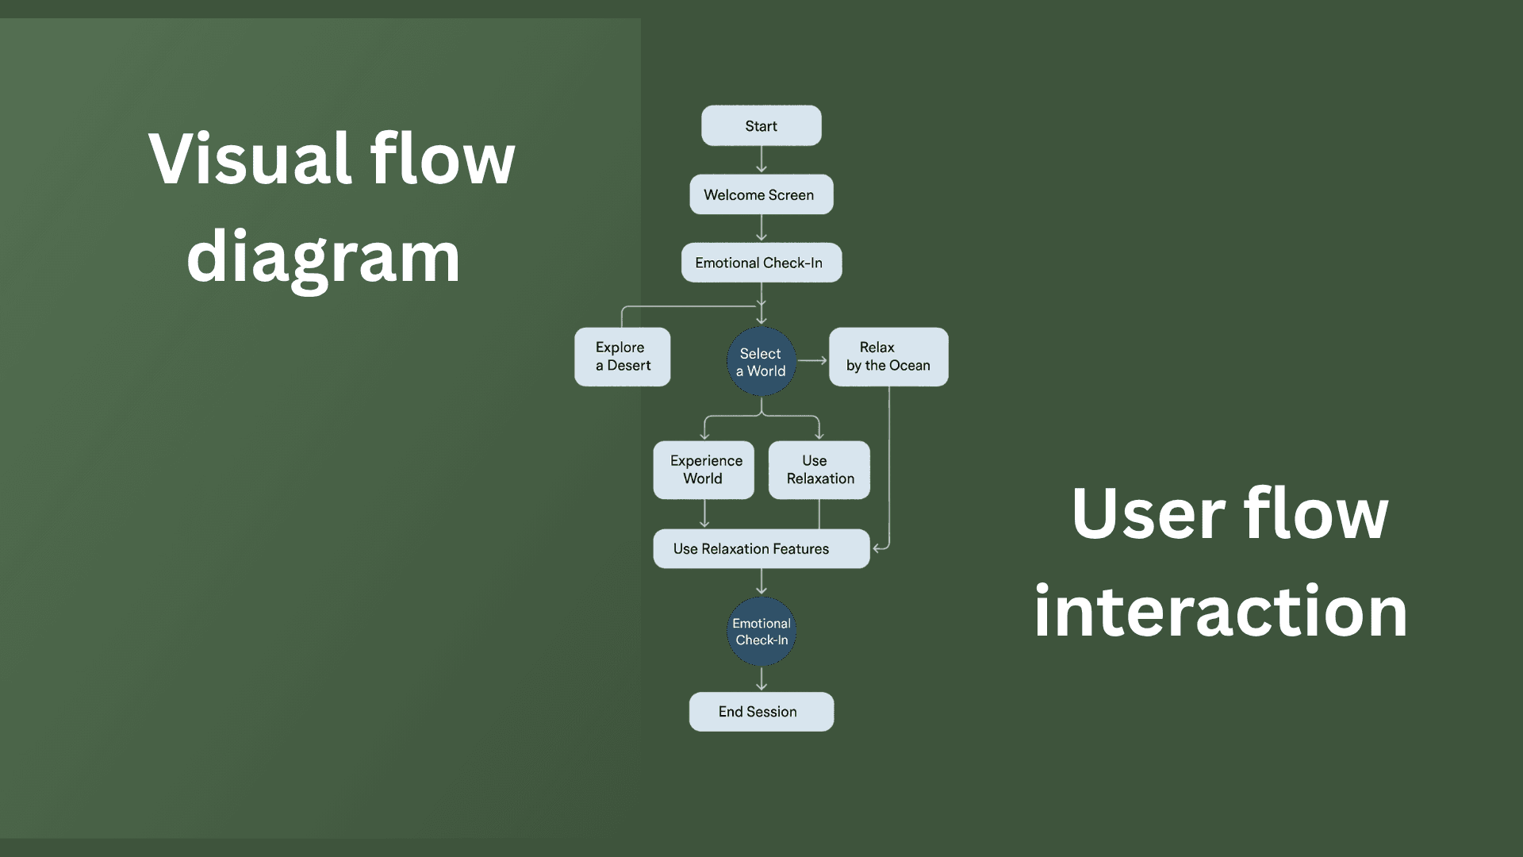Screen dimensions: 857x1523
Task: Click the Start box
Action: [x=761, y=126]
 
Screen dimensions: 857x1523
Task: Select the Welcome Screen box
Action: [x=761, y=194]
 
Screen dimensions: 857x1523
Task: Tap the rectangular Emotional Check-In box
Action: [x=761, y=263]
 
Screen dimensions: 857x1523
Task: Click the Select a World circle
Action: [x=761, y=362]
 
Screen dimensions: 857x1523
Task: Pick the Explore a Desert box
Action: [x=622, y=357]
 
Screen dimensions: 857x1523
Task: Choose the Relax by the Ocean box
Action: [x=888, y=357]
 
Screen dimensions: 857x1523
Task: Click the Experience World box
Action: [x=704, y=470]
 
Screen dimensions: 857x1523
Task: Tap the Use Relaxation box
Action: [x=819, y=470]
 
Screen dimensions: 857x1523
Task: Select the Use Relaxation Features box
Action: [x=761, y=548]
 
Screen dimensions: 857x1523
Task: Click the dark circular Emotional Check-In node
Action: [x=761, y=632]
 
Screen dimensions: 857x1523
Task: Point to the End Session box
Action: [x=761, y=712]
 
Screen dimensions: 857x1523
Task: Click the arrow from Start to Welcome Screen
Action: [x=761, y=159]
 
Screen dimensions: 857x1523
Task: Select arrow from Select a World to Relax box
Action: [x=812, y=360]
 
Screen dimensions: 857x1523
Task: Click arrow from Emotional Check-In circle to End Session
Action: [x=761, y=679]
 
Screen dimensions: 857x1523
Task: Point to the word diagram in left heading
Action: [x=323, y=256]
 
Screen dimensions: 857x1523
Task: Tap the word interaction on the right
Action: [x=1220, y=611]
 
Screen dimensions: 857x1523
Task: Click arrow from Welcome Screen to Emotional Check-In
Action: [x=761, y=228]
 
